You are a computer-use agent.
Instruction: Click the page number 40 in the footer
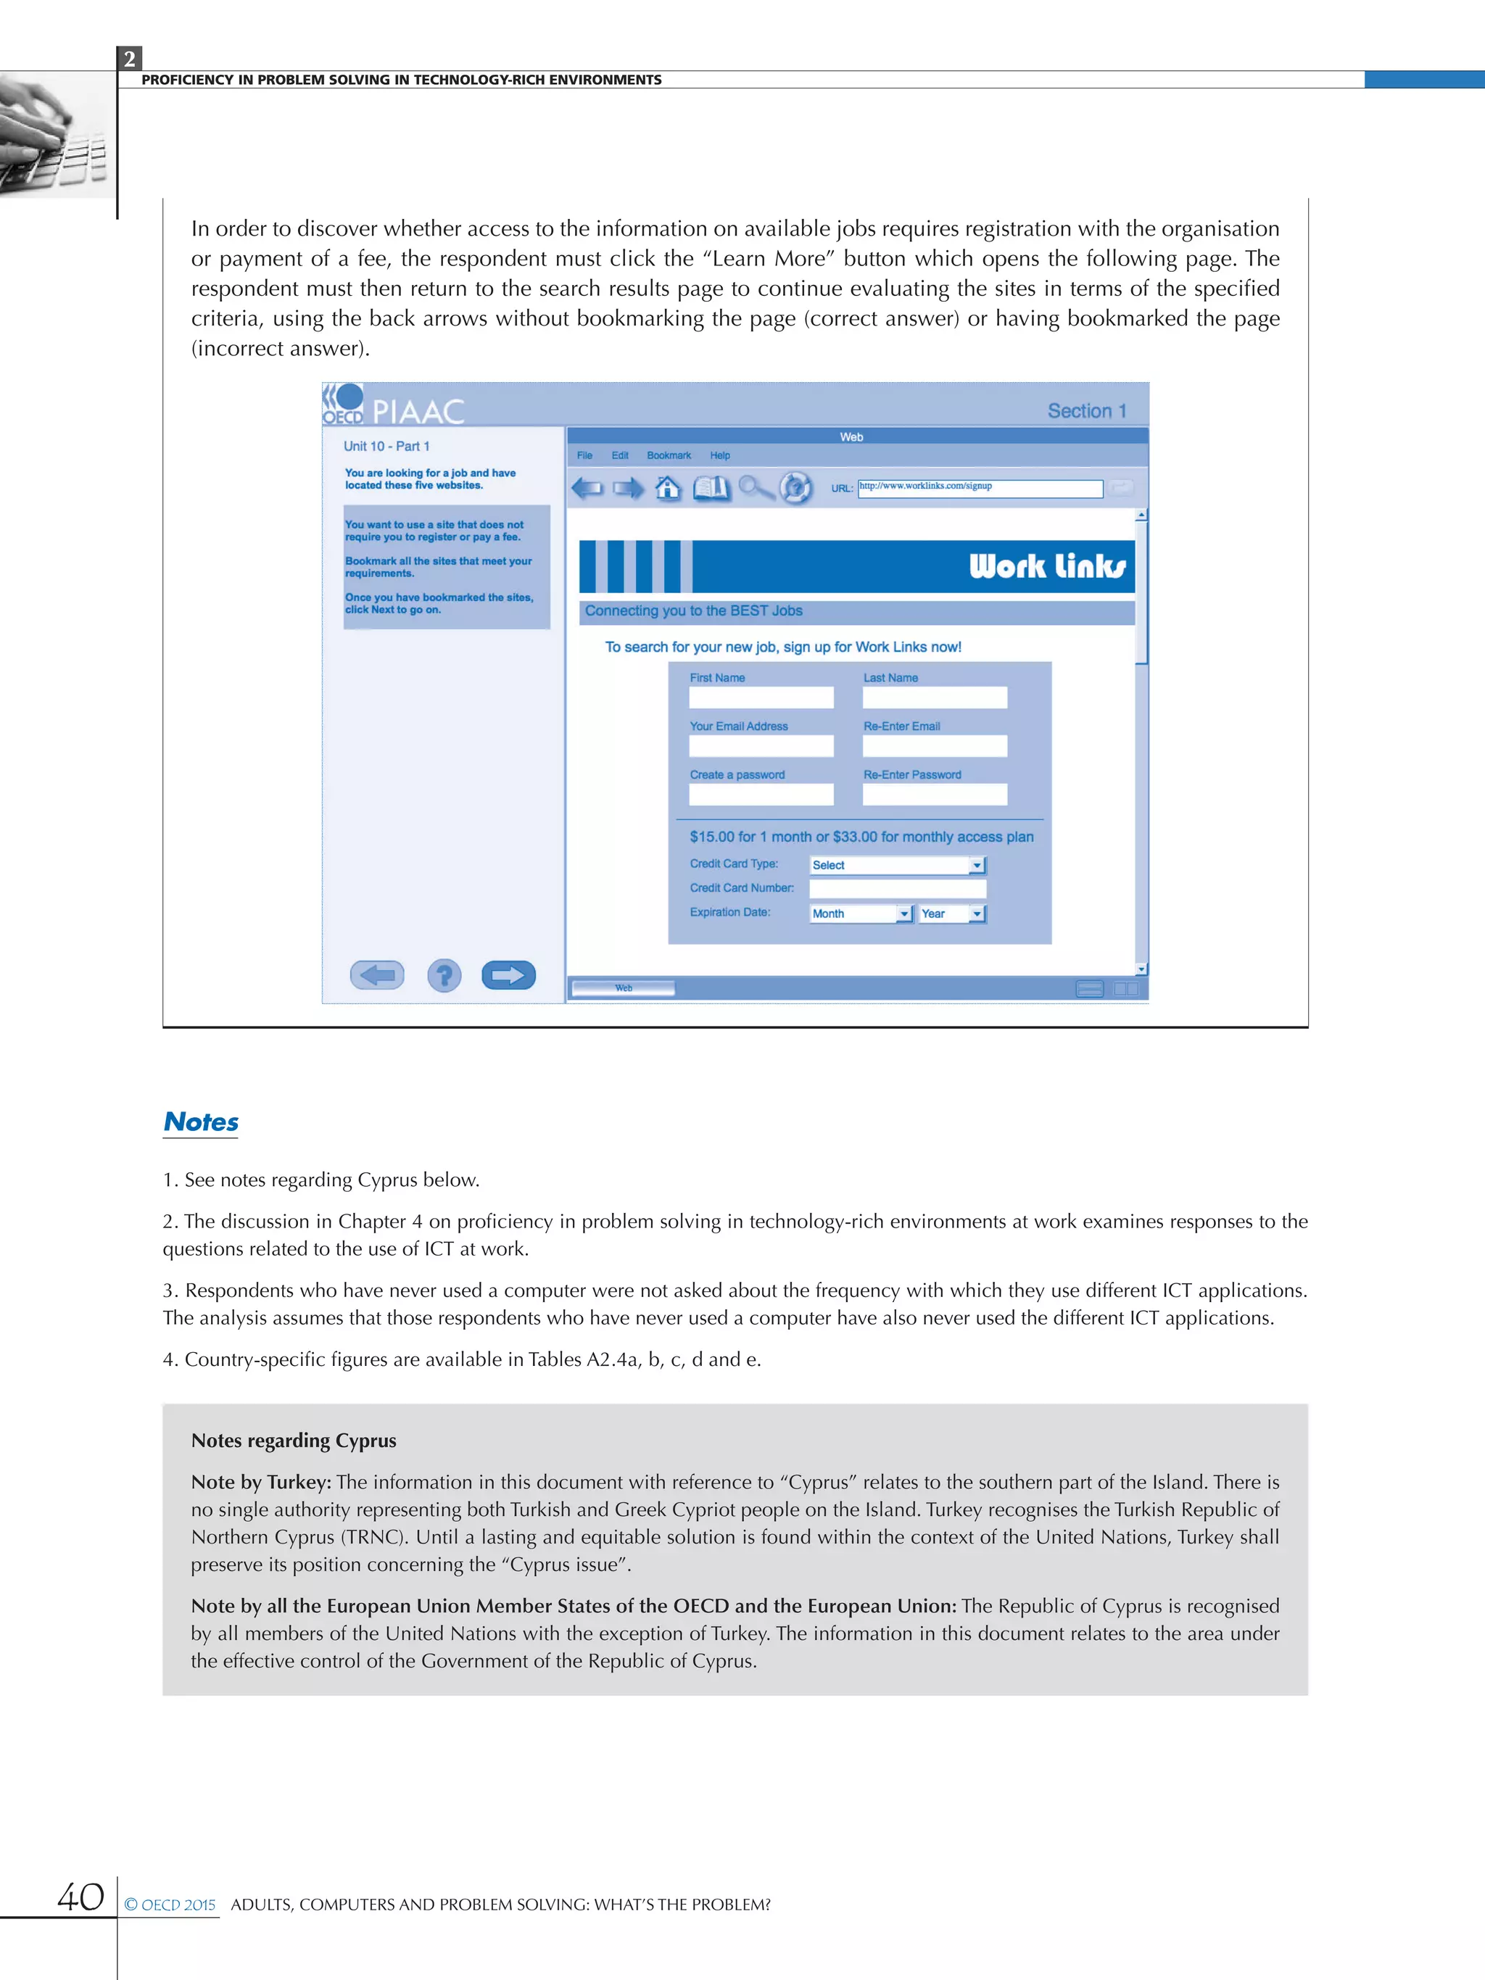point(80,1897)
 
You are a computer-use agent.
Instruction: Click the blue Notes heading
point(202,1122)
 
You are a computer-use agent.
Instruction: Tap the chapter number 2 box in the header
point(130,59)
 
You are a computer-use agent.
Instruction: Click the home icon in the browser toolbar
point(668,488)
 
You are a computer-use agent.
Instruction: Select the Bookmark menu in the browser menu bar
point(669,455)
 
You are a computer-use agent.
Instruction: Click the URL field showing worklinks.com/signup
point(980,488)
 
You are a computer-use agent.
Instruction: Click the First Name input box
point(761,697)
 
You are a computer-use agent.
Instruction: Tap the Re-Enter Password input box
point(935,794)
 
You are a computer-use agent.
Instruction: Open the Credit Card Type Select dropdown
point(897,866)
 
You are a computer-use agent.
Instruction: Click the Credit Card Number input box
point(897,889)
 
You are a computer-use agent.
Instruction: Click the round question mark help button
point(444,975)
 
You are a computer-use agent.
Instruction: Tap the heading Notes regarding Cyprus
point(294,1441)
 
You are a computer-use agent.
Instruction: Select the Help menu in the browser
point(720,455)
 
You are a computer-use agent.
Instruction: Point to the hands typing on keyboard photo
point(54,136)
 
